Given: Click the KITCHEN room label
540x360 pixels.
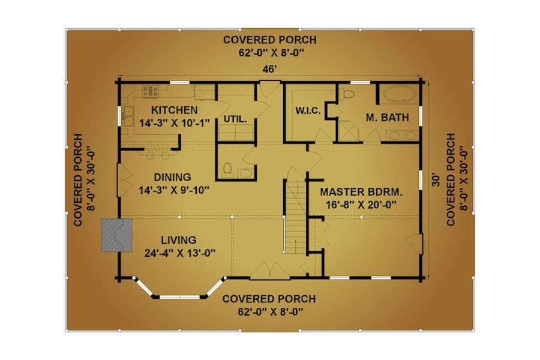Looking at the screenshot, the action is (174, 110).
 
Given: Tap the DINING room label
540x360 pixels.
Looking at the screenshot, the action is (172, 177).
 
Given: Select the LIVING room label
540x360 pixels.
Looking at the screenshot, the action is (178, 240).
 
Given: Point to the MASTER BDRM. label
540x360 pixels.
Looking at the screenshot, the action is (361, 192).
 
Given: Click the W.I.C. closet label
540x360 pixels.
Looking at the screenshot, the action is (308, 111).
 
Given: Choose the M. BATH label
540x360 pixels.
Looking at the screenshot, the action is (387, 118).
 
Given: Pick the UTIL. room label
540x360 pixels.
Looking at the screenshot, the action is (235, 119).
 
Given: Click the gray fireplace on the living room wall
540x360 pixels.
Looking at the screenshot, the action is (117, 235).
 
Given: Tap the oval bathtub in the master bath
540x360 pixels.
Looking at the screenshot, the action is (399, 94).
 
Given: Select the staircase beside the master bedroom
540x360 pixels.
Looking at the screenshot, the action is (295, 217).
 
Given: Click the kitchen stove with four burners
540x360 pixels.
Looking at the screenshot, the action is (151, 91).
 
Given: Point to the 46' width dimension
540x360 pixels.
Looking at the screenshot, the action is (269, 69).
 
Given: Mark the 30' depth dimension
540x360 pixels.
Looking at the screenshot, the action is (436, 181).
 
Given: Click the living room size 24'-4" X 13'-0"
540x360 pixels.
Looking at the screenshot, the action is (180, 253).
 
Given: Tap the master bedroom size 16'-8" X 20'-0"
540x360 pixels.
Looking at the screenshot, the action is (361, 205).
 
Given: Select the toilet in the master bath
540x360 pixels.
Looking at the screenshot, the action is (347, 94).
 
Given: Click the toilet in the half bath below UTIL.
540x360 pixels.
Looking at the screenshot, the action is (227, 170).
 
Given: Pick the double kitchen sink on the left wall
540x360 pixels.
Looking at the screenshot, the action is (127, 116).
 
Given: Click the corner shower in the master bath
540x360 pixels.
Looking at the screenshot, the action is (348, 131).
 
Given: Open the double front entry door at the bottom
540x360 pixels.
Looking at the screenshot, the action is (269, 271).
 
